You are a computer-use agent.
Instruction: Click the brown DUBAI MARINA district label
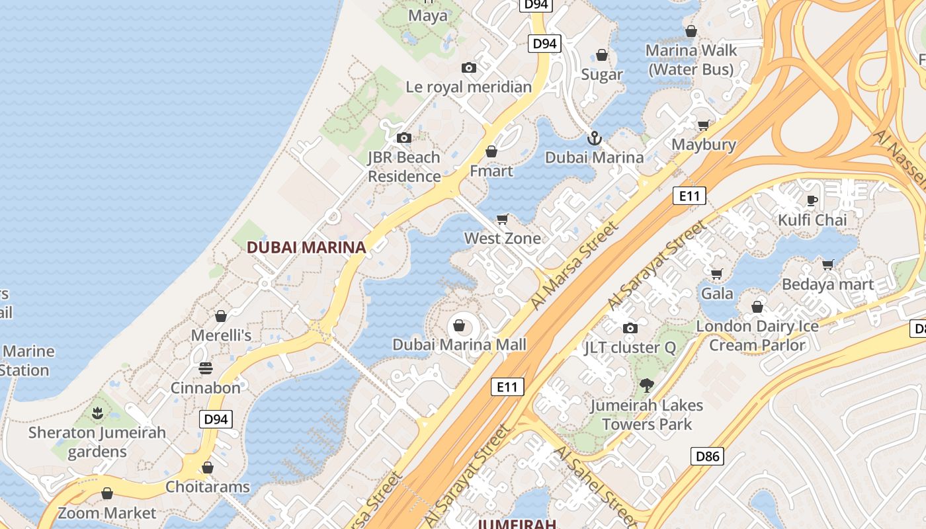pyautogui.click(x=306, y=247)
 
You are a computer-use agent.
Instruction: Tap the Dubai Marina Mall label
pyautogui.click(x=459, y=345)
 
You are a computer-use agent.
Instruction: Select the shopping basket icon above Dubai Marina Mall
pyautogui.click(x=458, y=325)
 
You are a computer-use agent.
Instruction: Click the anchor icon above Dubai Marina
pyautogui.click(x=594, y=138)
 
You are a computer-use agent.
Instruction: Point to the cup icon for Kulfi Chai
pyautogui.click(x=812, y=200)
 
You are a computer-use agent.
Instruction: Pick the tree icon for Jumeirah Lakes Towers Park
pyautogui.click(x=646, y=385)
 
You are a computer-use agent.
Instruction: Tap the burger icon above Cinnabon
pyautogui.click(x=206, y=368)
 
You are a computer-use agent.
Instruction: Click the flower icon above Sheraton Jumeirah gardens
pyautogui.click(x=97, y=413)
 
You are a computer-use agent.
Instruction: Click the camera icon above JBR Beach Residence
pyautogui.click(x=403, y=138)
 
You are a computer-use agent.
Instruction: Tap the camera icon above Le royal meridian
pyautogui.click(x=468, y=67)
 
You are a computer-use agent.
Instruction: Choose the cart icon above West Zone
pyautogui.click(x=502, y=219)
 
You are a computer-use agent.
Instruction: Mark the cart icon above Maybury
pyautogui.click(x=703, y=125)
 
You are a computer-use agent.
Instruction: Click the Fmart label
pyautogui.click(x=491, y=171)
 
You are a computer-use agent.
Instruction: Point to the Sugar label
pyautogui.click(x=602, y=74)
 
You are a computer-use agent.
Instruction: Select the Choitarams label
pyautogui.click(x=207, y=487)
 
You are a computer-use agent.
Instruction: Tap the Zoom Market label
pyautogui.click(x=107, y=512)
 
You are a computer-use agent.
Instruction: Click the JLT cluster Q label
pyautogui.click(x=630, y=347)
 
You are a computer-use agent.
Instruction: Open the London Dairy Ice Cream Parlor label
pyautogui.click(x=757, y=335)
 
